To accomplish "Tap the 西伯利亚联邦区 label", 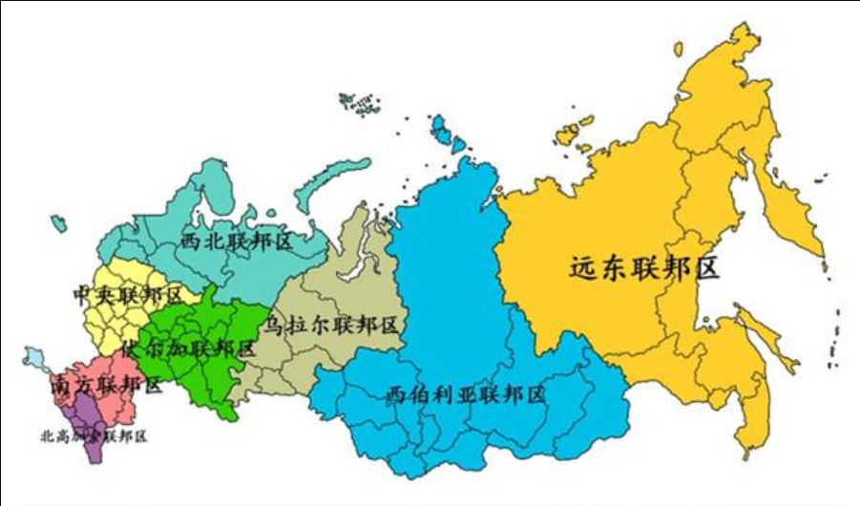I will pyautogui.click(x=466, y=394).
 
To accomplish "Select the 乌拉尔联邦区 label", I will pyautogui.click(x=332, y=326).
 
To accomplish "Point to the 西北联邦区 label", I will pyautogui.click(x=235, y=242).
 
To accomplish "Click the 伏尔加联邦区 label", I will pyautogui.click(x=188, y=348).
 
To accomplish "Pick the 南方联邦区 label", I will pyautogui.click(x=93, y=386).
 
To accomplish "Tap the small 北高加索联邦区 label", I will pyautogui.click(x=94, y=436).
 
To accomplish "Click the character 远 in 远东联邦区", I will pyautogui.click(x=583, y=268).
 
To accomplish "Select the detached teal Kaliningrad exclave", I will pyautogui.click(x=59, y=223).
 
